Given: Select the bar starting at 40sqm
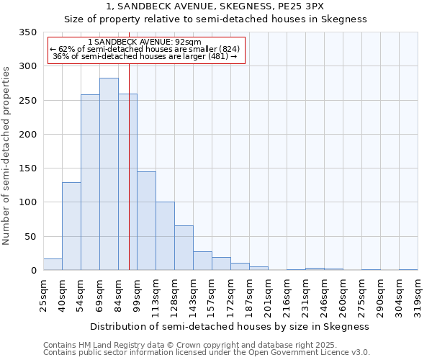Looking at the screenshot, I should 71,226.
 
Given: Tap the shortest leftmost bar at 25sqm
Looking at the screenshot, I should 53,264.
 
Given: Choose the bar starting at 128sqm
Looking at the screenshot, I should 184,248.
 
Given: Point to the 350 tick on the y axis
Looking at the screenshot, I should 28,32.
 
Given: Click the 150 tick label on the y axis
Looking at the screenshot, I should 28,168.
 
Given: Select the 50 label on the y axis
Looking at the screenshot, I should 31,236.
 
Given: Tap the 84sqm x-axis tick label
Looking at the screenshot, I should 119,293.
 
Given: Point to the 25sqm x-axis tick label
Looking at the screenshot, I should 44,293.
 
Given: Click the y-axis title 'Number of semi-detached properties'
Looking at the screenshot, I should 7,156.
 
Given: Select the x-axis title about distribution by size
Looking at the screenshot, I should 230,326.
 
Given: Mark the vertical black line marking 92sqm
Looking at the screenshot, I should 129,180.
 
